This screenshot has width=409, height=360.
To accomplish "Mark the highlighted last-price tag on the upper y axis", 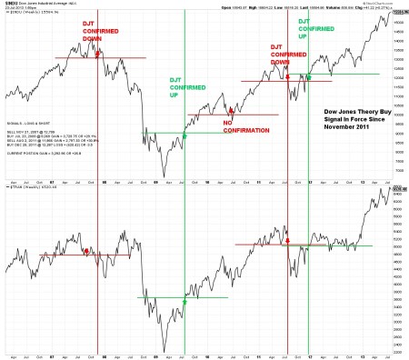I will pyautogui.click(x=399, y=14).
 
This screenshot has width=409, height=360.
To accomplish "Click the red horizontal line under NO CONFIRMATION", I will pyautogui.click(x=233, y=115).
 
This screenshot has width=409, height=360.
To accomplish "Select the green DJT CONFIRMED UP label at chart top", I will pyautogui.click(x=314, y=35).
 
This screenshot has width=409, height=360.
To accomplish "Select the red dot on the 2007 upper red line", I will pyautogui.click(x=97, y=56).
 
